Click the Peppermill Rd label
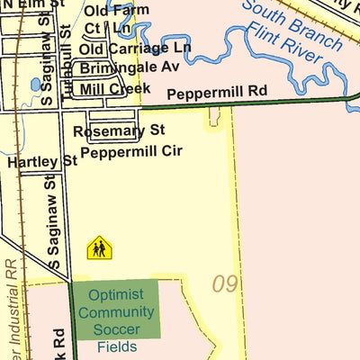[x=218, y=91]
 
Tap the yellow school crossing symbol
[x=98, y=247]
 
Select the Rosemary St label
[x=120, y=131]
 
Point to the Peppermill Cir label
[x=131, y=151]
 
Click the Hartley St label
[x=41, y=162]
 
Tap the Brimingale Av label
[x=130, y=67]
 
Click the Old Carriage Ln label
[x=135, y=47]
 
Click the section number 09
[x=225, y=284]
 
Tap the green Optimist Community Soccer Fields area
[x=115, y=309]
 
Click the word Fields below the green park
[x=116, y=346]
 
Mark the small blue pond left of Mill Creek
[x=35, y=85]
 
